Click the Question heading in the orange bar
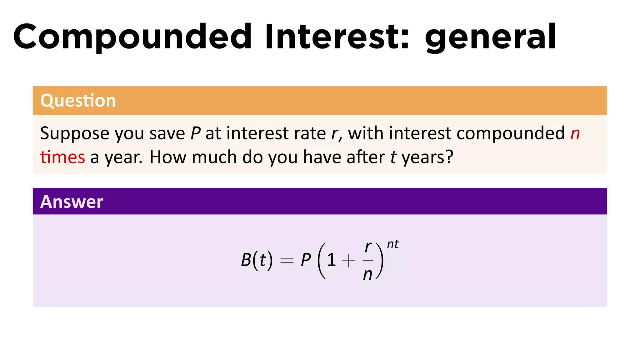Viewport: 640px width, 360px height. pos(78,101)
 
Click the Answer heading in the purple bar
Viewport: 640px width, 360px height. pos(72,202)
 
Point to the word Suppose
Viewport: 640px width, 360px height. pos(74,134)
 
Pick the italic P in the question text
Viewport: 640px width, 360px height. pos(195,133)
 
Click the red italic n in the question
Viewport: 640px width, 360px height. pos(575,134)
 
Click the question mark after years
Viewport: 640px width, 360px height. pos(449,157)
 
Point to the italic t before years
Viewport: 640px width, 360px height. pos(393,157)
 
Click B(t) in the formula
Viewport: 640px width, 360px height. pos(257,260)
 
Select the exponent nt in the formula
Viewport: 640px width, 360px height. pos(393,244)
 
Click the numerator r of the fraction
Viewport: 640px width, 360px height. pos(368,247)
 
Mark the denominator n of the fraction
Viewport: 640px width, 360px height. pos(368,275)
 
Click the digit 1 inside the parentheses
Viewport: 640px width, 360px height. pos(332,260)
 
